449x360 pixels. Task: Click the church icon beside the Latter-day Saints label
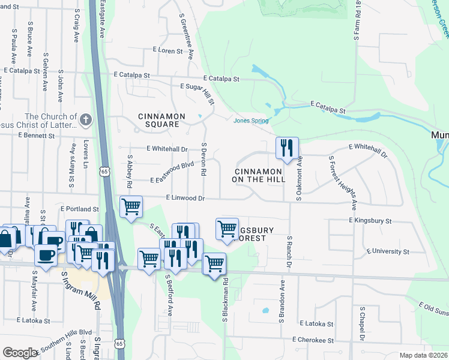(x=86, y=120)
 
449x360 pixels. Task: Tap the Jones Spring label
(x=251, y=121)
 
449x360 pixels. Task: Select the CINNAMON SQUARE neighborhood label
(x=158, y=120)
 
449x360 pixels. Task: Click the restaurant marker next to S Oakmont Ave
(x=286, y=148)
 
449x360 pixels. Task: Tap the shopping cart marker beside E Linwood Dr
(x=131, y=207)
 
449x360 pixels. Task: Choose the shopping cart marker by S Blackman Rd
(x=214, y=264)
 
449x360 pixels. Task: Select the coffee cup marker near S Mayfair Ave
(x=46, y=256)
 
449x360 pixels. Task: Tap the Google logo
(x=20, y=353)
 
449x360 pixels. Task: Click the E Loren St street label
(x=163, y=51)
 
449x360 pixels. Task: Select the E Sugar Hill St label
(x=196, y=87)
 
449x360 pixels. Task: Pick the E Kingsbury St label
(x=370, y=221)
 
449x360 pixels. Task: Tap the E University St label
(x=387, y=251)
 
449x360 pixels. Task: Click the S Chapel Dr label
(x=362, y=325)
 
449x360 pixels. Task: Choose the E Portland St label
(x=79, y=209)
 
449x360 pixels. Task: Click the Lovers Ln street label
(x=86, y=155)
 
